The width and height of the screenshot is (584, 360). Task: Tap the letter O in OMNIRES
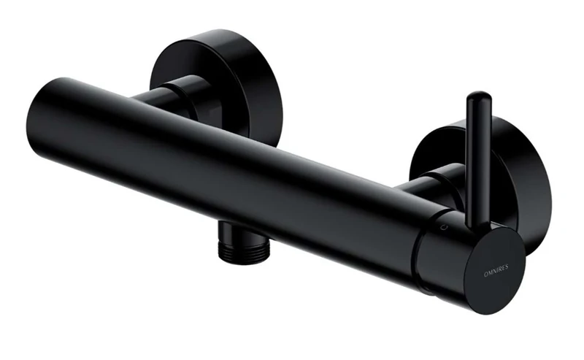[x=464, y=269]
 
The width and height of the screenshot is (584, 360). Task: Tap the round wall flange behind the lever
[x=511, y=168]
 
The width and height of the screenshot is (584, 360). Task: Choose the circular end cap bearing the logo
[x=478, y=267]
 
